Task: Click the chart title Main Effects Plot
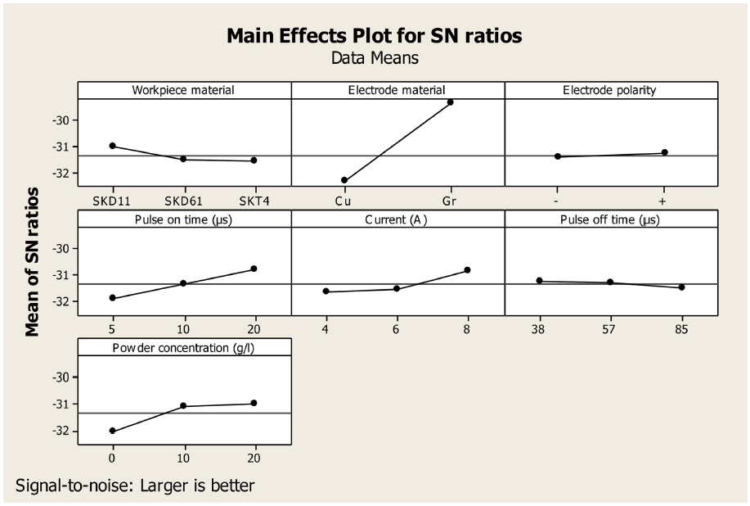(374, 36)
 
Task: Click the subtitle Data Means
(374, 58)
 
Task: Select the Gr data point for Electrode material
(450, 102)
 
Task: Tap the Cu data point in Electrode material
(344, 180)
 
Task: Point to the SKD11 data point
(113, 146)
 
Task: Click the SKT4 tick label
(254, 200)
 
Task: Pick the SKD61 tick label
(183, 200)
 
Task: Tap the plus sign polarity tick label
(664, 200)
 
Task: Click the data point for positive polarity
(664, 152)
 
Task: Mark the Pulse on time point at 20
(254, 269)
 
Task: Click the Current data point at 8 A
(467, 270)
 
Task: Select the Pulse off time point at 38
(539, 281)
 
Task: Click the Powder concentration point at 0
(113, 431)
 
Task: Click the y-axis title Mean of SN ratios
(33, 261)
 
